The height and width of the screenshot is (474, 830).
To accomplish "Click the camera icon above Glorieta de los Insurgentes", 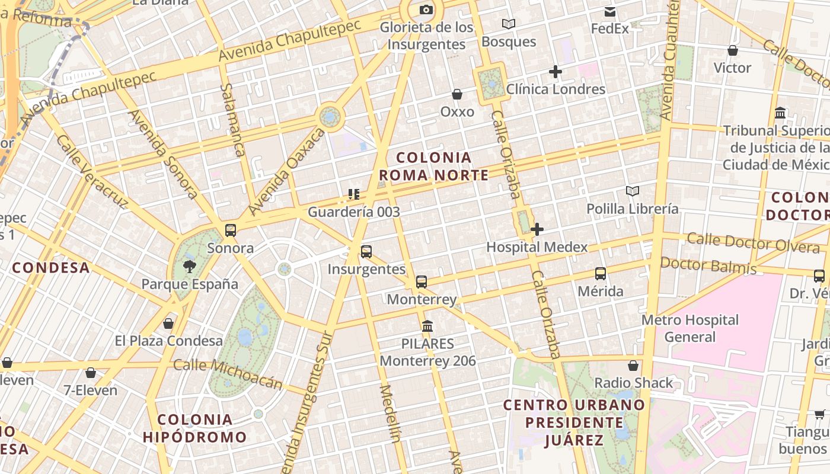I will click(x=426, y=9).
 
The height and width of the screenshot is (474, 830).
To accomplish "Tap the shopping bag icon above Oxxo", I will click(x=457, y=94).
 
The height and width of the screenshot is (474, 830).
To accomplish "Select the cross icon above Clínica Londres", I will click(x=556, y=72).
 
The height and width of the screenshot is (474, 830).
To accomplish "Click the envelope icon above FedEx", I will click(x=610, y=11).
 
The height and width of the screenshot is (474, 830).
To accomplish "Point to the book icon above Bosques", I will click(x=508, y=24).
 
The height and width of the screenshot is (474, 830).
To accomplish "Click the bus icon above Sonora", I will click(x=231, y=230).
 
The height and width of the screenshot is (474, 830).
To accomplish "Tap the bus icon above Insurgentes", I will click(x=366, y=251).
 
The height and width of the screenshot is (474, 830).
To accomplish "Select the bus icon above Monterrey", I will click(x=422, y=281).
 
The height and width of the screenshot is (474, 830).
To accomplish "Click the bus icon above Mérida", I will click(x=601, y=274).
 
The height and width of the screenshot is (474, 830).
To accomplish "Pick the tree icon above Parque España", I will click(x=190, y=266).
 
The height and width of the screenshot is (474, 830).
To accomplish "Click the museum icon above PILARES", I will click(x=427, y=326).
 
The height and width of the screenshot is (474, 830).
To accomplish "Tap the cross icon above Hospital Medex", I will click(x=537, y=229).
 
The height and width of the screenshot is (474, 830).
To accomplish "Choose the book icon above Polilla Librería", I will click(x=633, y=191).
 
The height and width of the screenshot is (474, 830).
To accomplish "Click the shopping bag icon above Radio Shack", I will click(x=633, y=365).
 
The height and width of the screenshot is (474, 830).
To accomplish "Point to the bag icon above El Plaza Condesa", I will click(x=168, y=323).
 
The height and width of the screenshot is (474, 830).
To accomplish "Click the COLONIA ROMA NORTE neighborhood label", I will click(x=434, y=166).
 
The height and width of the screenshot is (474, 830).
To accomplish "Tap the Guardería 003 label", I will click(x=354, y=212).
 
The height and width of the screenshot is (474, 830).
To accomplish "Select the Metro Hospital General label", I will click(x=690, y=328).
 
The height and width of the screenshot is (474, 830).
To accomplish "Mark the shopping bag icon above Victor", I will click(x=733, y=50).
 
